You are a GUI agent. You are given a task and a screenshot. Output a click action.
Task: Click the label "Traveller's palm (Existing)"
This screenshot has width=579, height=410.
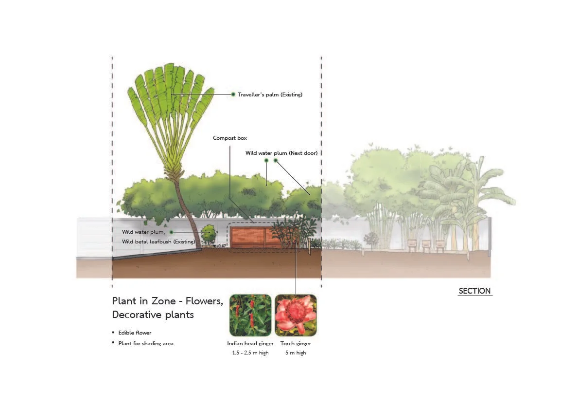point(270,94)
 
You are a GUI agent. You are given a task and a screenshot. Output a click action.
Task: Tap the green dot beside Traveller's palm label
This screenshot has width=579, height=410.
point(233,94)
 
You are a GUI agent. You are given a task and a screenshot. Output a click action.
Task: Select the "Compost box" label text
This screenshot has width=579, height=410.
point(230,138)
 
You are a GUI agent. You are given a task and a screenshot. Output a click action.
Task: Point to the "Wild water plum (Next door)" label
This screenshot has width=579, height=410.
point(281,153)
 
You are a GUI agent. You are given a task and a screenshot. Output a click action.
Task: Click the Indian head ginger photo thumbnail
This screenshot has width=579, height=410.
point(250,315)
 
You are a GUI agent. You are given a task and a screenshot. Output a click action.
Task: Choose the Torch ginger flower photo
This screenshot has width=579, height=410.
point(296,315)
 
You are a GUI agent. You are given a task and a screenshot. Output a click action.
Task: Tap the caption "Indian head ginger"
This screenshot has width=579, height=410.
point(250,343)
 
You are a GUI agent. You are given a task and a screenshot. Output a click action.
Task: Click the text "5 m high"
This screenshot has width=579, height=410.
point(296,353)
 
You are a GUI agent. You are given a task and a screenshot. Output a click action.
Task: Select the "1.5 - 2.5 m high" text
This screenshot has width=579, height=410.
point(250,353)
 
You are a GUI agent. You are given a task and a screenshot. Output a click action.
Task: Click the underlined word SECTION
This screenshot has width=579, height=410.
point(474,291)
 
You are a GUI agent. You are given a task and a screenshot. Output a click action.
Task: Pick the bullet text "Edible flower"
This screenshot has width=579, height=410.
point(135,333)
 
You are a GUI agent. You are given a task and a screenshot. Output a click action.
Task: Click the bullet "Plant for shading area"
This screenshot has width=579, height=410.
point(146,343)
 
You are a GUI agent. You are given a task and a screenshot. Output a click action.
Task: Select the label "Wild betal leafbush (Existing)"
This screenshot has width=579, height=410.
point(158,242)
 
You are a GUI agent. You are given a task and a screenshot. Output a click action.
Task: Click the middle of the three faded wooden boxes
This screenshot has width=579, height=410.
point(426,245)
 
